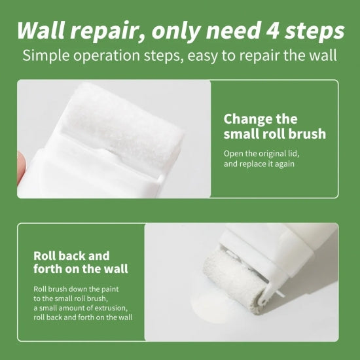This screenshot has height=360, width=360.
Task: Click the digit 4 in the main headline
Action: (x=272, y=30)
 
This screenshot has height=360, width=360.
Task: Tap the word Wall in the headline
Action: (x=40, y=30)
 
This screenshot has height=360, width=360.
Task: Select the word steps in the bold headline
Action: (x=315, y=31)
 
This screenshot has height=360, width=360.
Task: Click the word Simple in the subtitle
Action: (x=46, y=56)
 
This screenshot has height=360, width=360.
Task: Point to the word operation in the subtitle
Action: (x=107, y=56)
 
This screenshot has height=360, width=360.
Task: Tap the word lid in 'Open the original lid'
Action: (x=295, y=153)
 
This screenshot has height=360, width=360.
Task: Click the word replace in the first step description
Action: (x=253, y=164)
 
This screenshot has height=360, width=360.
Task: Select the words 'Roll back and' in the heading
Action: (x=71, y=256)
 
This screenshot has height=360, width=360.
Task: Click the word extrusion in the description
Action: (x=111, y=308)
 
